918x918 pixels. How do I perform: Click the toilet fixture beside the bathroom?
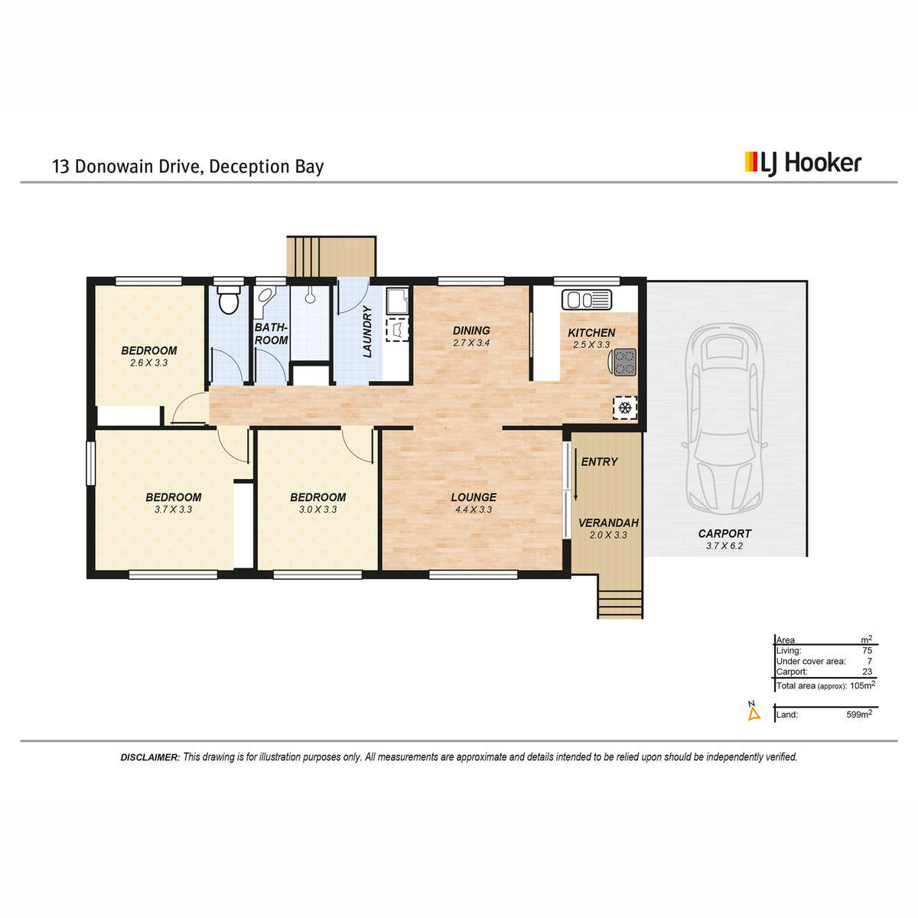click(228, 300)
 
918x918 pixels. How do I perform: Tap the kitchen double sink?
click(587, 300)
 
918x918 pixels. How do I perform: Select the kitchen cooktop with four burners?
click(624, 362)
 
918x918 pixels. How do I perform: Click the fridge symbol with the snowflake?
click(624, 408)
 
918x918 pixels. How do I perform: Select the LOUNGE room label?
click(474, 497)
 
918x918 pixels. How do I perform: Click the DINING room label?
click(471, 330)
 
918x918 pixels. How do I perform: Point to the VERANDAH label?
click(608, 523)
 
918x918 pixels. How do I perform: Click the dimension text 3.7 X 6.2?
click(724, 546)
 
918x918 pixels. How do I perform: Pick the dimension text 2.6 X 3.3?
click(148, 363)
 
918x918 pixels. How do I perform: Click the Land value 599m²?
click(859, 714)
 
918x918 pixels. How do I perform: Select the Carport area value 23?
click(867, 672)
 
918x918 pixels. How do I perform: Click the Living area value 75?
click(867, 650)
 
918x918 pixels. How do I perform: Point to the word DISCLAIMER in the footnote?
click(150, 757)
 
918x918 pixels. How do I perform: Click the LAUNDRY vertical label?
click(367, 331)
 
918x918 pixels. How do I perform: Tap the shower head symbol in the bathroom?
click(310, 296)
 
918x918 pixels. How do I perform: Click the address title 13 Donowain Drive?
click(123, 167)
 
